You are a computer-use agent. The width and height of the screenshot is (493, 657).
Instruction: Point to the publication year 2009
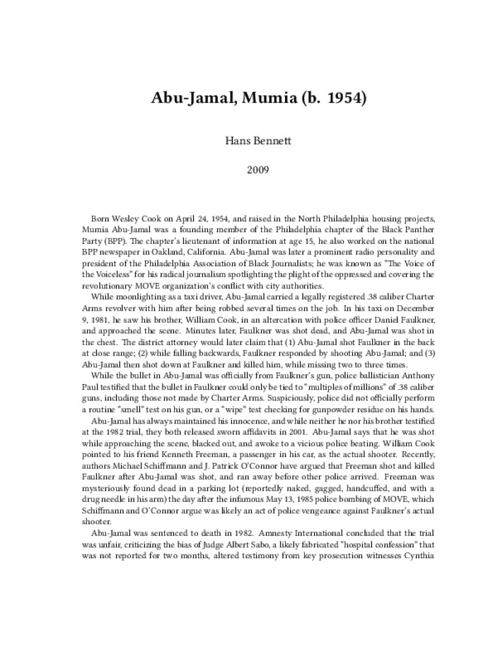pyautogui.click(x=246, y=168)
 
